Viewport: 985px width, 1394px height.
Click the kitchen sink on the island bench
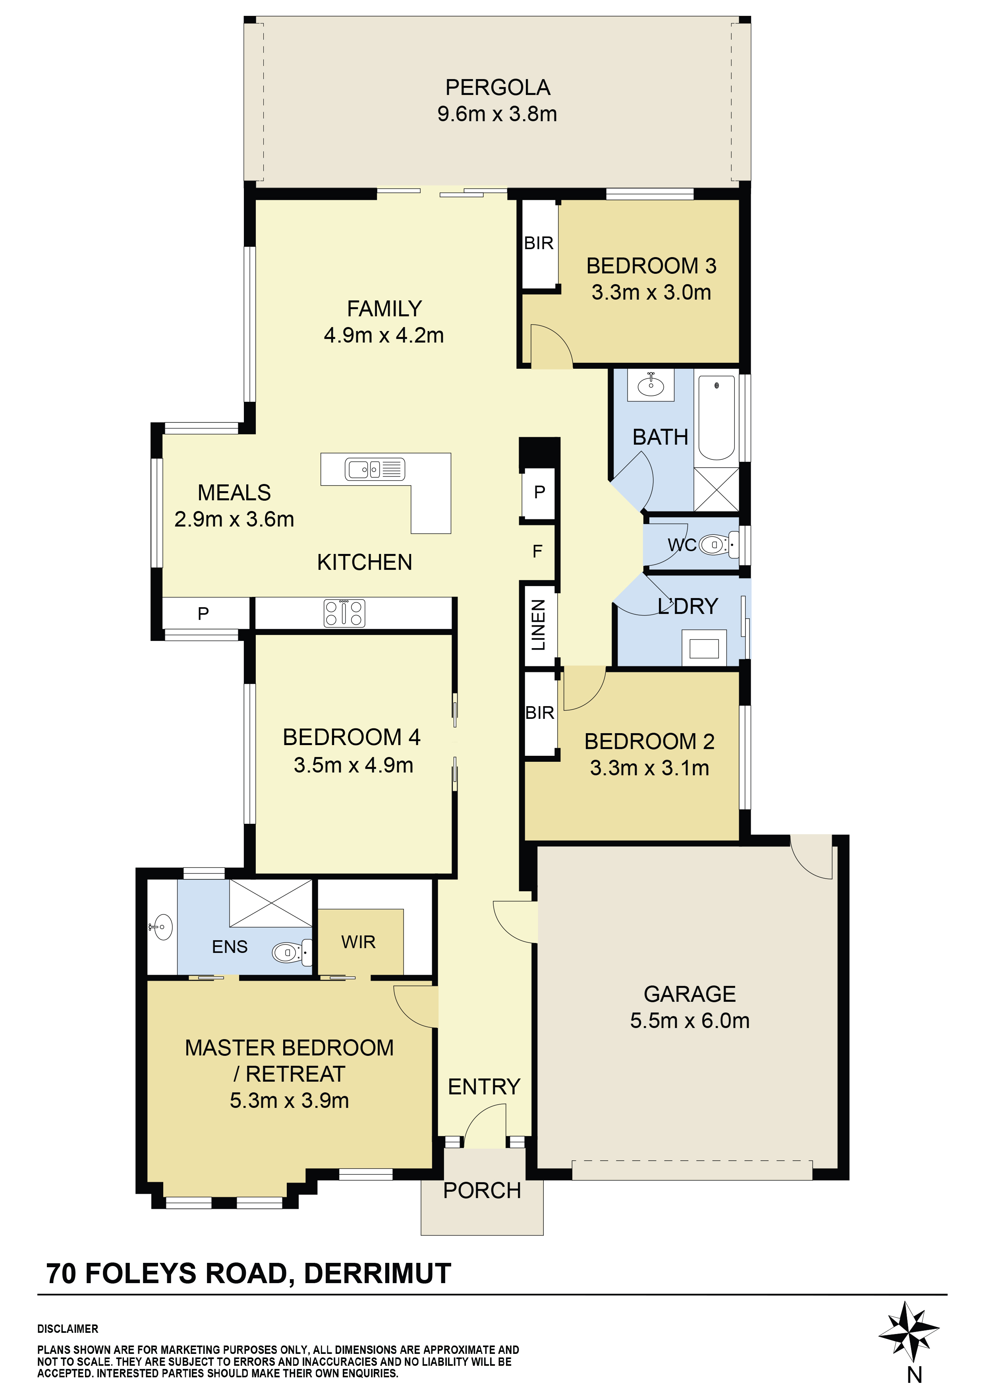pos(375,469)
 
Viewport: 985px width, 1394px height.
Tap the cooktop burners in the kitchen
pos(344,613)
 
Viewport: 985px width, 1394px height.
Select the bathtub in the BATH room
pos(717,418)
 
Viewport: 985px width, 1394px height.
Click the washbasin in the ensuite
pos(161,927)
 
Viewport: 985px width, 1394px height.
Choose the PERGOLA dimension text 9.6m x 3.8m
pos(497,114)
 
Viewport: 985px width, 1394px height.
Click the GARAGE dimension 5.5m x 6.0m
pos(689,1020)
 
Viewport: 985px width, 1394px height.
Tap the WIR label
pos(358,942)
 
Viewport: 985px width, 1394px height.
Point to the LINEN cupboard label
pos(538,625)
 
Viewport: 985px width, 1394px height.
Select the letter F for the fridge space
pos(537,551)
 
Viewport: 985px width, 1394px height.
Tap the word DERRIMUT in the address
pos(377,1274)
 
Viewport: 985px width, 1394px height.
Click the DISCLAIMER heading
pos(68,1329)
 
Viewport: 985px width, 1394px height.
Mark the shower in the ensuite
pos(271,903)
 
